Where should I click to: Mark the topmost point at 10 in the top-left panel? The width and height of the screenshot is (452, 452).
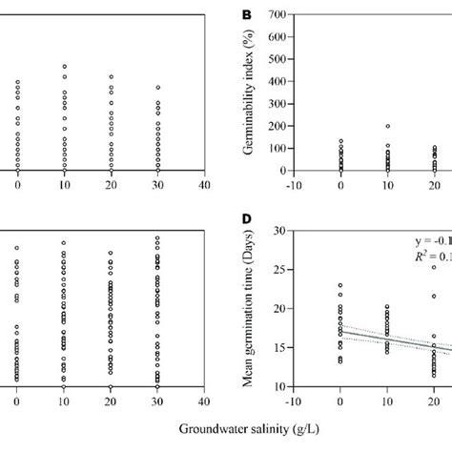point(64,67)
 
